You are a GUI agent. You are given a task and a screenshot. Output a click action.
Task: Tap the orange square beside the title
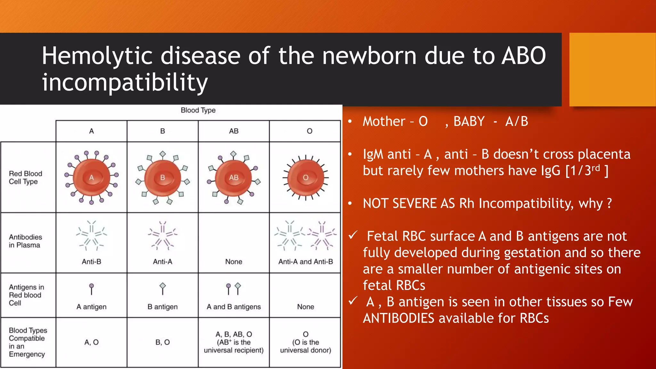[612, 69]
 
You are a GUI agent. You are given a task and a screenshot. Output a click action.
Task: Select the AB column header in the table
[234, 131]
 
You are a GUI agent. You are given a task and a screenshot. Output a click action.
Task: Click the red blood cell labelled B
[162, 178]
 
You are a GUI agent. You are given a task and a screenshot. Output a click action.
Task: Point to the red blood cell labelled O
[306, 178]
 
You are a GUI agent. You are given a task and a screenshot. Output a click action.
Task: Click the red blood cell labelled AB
[234, 178]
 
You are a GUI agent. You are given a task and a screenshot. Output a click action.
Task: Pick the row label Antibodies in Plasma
[25, 241]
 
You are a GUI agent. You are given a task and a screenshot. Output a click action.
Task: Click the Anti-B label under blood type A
[91, 262]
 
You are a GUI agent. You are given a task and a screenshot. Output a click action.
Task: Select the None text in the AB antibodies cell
[234, 262]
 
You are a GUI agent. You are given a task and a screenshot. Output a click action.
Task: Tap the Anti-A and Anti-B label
[306, 262]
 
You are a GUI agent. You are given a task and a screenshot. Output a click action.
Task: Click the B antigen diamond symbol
[163, 286]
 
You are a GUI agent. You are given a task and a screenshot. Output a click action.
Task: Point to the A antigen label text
[91, 307]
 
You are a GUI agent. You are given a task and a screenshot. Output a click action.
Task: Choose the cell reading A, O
[91, 342]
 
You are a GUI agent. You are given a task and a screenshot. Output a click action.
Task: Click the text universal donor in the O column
[306, 350]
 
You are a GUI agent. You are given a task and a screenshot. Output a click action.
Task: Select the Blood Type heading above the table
[198, 110]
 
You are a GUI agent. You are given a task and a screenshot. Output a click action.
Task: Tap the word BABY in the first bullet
[469, 122]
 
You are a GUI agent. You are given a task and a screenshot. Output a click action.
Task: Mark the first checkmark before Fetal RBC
[353, 236]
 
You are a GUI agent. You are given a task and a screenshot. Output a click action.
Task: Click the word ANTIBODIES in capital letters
[398, 318]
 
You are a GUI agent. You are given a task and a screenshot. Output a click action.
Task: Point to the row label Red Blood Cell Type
[25, 178]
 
